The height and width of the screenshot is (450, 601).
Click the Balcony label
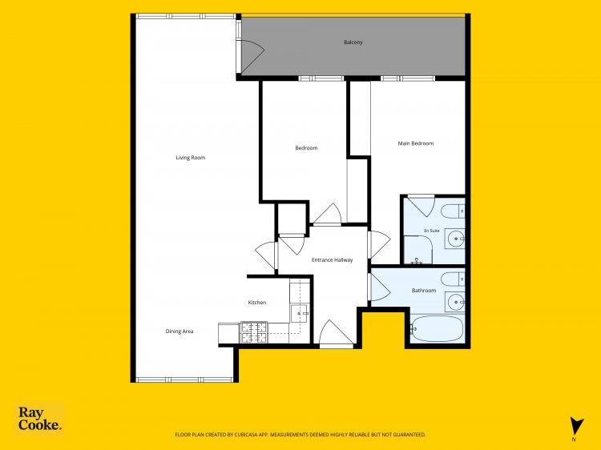point(353,42)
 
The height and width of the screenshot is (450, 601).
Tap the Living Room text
point(191,158)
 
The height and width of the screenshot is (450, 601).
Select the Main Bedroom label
point(416,143)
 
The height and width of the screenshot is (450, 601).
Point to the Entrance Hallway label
point(332,259)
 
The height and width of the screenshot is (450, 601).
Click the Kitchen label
point(256,302)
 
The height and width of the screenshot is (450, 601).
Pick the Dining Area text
point(179,331)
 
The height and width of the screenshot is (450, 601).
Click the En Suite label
point(432,231)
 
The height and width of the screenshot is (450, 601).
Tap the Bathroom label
point(424,291)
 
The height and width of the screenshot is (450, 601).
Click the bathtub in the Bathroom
point(437,328)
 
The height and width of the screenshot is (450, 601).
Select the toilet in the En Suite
point(453,211)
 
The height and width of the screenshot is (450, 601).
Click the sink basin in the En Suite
point(455,239)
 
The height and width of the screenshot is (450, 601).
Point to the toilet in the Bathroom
point(453,279)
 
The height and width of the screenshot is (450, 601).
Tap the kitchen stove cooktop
point(254,332)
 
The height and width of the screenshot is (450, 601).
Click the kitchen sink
point(300,313)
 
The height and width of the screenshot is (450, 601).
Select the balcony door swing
point(252,56)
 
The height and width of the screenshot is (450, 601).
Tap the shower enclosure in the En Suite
point(417,250)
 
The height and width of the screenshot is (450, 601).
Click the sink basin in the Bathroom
point(455,302)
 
